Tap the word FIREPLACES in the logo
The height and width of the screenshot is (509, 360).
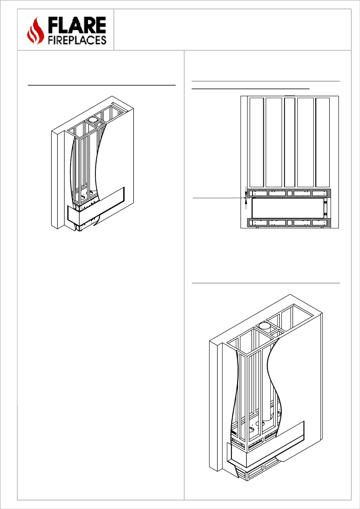click(x=77, y=40)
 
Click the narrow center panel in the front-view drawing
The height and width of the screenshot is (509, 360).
click(x=290, y=142)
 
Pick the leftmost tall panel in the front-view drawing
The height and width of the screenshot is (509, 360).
click(x=257, y=142)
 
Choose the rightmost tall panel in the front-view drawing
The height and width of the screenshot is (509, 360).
click(x=323, y=142)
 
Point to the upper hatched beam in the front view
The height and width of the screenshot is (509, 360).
click(x=289, y=193)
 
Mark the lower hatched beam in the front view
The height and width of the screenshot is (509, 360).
click(x=289, y=223)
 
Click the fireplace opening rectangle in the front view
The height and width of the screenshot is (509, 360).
click(x=287, y=208)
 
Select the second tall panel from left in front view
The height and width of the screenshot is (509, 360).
click(x=274, y=142)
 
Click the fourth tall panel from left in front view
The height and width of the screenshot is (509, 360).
click(x=306, y=142)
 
